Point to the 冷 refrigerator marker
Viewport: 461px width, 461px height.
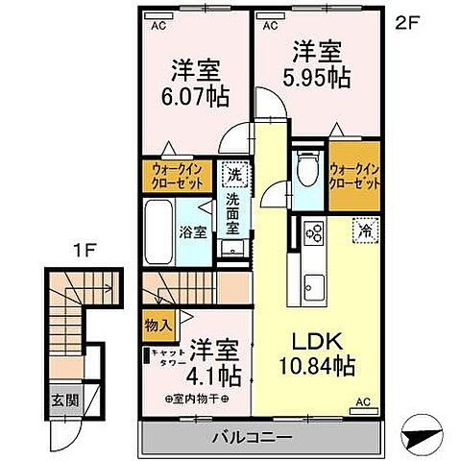[x=365, y=230]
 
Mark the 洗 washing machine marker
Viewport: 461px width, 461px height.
[x=233, y=175]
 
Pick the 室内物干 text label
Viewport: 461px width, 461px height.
[x=196, y=397]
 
